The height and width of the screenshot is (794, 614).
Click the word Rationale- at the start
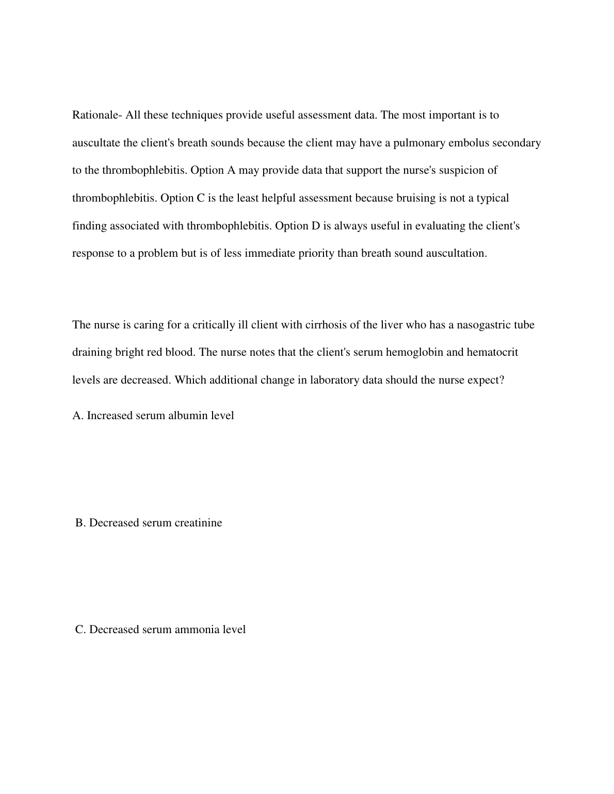pyautogui.click(x=97, y=115)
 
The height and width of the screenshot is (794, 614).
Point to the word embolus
pyautogui.click(x=468, y=143)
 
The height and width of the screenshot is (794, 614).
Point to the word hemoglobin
pyautogui.click(x=414, y=353)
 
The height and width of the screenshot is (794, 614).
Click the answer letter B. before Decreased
pyautogui.click(x=80, y=523)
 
